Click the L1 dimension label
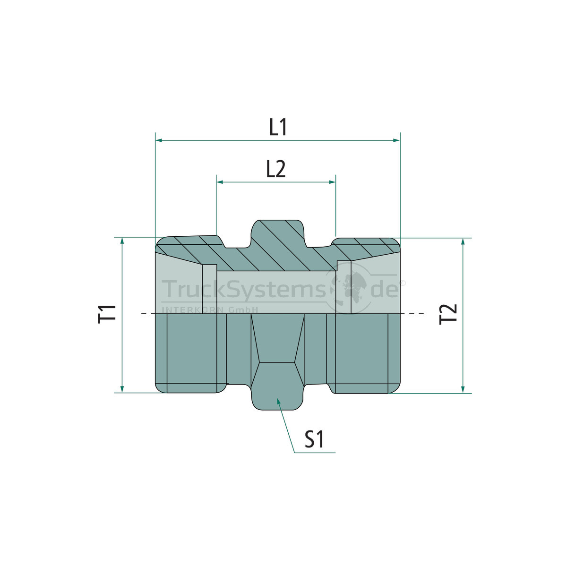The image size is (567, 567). click(278, 128)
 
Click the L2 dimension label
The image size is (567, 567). click(276, 169)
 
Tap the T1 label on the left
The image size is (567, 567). click(107, 314)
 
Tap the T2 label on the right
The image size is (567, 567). click(448, 314)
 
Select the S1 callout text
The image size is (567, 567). click(314, 439)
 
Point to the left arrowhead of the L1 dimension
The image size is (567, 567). click(159, 140)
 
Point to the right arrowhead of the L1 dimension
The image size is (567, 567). click(397, 140)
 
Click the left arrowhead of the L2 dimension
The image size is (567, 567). click(219, 182)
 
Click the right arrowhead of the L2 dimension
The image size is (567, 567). click(333, 182)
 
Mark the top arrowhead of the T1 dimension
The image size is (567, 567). click(122, 241)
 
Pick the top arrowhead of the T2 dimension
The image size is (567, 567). click(463, 241)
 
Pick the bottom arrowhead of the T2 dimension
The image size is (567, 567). click(463, 389)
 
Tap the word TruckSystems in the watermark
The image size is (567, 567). click(243, 289)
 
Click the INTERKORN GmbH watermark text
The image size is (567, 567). click(210, 310)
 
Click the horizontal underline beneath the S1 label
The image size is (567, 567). click(315, 453)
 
